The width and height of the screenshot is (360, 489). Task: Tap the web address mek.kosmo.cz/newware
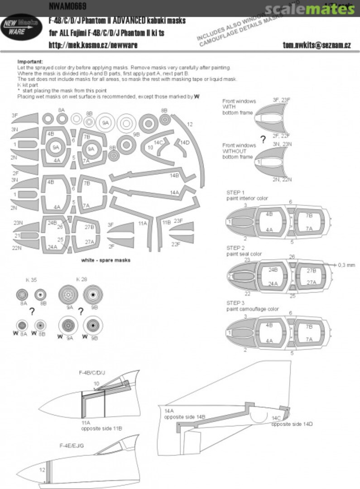[x=93, y=45]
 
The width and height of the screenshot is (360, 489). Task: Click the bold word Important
[x=30, y=61]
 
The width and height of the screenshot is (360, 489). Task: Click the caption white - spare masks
[x=106, y=260]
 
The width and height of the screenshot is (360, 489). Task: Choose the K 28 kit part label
[x=82, y=280]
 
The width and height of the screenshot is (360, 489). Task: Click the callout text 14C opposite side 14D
[x=292, y=421]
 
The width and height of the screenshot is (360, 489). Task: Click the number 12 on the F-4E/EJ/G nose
[x=41, y=470]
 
